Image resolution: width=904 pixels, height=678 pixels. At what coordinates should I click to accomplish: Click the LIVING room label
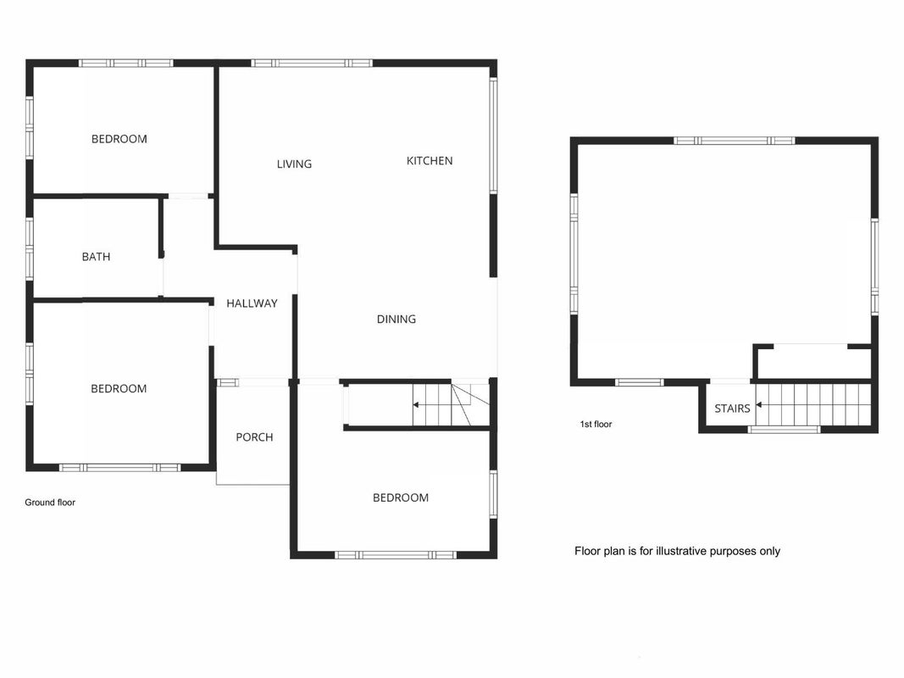[294, 164]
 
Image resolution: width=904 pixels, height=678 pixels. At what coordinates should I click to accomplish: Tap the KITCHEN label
[430, 161]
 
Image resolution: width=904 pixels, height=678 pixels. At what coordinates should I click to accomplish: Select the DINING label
[396, 319]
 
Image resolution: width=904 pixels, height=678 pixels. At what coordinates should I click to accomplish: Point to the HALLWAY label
[252, 303]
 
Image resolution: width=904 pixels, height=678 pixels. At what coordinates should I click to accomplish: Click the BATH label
[96, 257]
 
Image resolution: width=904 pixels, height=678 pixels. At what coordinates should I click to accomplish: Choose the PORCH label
[254, 437]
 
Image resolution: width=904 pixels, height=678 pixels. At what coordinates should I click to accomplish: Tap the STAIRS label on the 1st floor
[732, 408]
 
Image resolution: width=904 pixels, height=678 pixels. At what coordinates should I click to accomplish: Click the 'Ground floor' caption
[50, 503]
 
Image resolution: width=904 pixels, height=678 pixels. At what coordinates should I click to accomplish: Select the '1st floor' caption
[596, 425]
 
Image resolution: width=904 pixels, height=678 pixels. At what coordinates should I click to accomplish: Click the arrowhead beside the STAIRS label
[759, 405]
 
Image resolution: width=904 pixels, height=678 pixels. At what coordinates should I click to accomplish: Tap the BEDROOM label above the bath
[119, 139]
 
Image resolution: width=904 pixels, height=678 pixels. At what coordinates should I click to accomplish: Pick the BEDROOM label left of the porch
[119, 389]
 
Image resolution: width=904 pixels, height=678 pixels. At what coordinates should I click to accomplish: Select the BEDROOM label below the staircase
[401, 497]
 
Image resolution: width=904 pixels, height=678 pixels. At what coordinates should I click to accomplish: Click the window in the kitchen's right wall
[493, 136]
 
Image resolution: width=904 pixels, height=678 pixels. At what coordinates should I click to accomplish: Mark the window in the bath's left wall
[30, 248]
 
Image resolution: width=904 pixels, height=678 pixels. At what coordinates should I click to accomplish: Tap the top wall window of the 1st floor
[734, 140]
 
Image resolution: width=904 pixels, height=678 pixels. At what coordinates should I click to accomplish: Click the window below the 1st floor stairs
[784, 429]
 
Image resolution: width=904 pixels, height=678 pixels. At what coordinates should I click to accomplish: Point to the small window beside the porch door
[227, 382]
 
